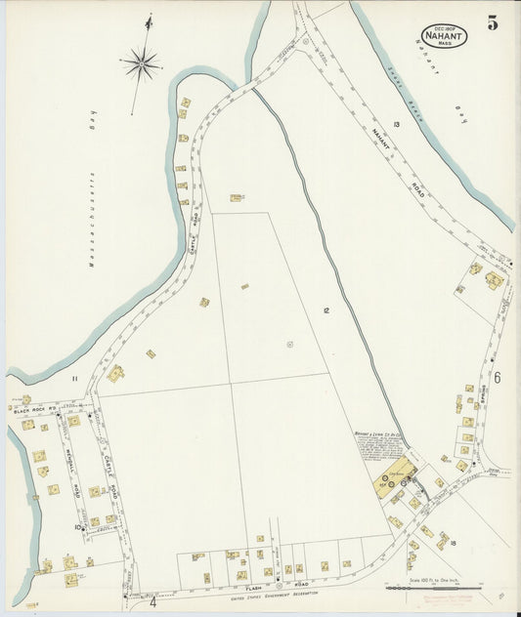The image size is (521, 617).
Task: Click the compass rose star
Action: [141, 64]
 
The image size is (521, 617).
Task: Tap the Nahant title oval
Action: [444, 35]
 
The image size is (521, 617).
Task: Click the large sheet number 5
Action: [493, 23]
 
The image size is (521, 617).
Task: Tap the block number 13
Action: [397, 123]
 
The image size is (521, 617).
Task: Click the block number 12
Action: [326, 309]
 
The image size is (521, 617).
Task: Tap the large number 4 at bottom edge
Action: [152, 601]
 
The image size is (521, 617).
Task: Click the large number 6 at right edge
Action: [497, 378]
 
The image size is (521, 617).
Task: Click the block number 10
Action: [77, 526]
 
